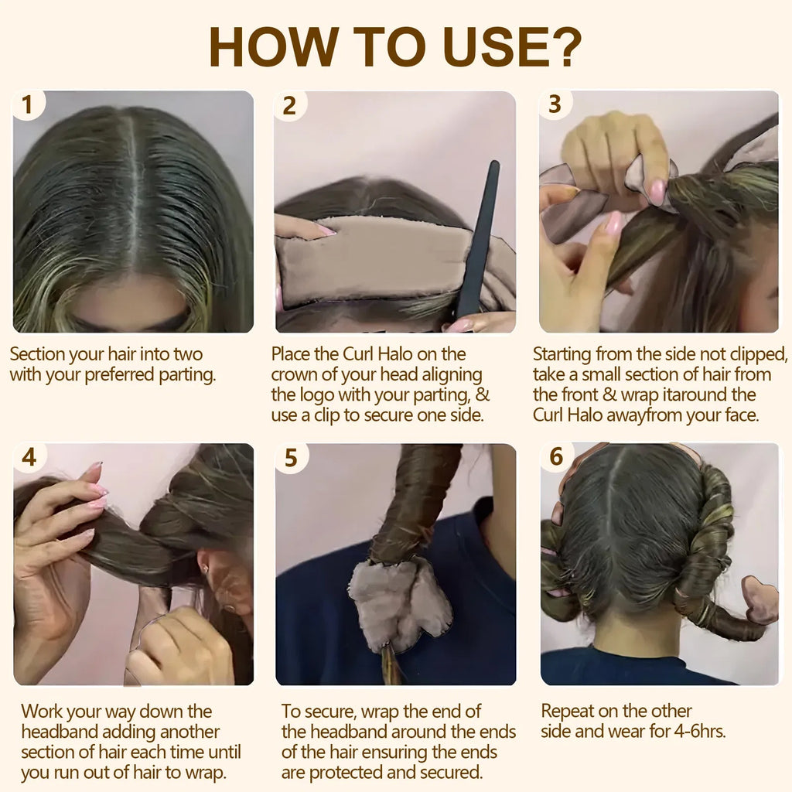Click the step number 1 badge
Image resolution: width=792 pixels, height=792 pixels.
[x=27, y=105]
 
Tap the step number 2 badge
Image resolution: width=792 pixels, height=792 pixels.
[x=289, y=106]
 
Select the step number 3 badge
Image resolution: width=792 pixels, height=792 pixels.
[x=555, y=104]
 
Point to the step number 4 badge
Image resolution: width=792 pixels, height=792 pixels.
[x=29, y=457]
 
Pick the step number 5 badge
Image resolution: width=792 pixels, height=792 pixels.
[x=291, y=458]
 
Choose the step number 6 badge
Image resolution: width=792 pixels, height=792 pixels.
[x=555, y=457]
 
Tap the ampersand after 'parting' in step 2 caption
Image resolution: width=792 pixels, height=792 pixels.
[x=482, y=394]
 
